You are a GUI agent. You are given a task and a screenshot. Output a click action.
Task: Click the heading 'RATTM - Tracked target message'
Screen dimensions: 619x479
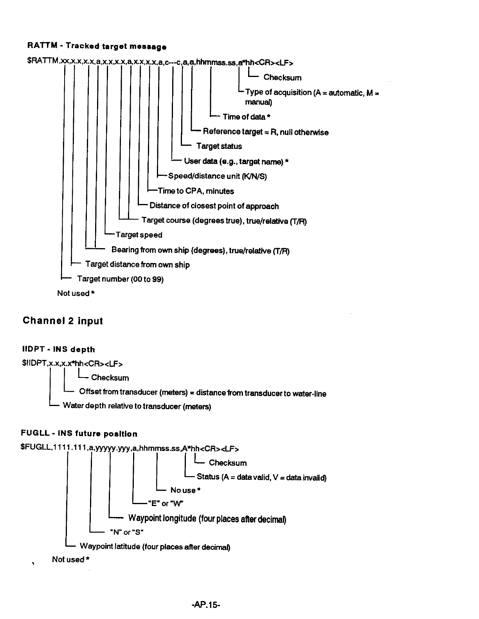[x=97, y=46]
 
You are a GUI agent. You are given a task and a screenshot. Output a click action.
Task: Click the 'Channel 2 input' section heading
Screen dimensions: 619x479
[x=63, y=321]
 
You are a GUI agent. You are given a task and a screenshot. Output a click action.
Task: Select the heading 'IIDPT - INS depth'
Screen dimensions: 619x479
[x=59, y=349]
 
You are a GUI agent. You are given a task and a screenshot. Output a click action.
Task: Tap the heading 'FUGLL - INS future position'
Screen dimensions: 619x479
[x=79, y=434]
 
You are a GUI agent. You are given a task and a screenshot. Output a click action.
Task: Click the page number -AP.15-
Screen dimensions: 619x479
[x=206, y=605]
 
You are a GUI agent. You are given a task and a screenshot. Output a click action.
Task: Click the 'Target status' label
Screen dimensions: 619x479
[x=219, y=146]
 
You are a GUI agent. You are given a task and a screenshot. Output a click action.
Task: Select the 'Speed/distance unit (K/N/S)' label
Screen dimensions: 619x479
[x=218, y=176]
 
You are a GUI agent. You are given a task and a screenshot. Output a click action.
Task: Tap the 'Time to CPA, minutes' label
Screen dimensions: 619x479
[x=196, y=191]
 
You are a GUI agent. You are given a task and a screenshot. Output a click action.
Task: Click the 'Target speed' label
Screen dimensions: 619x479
[x=139, y=235]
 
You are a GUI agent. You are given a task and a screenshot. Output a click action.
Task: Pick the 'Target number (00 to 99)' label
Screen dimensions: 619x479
[x=120, y=279]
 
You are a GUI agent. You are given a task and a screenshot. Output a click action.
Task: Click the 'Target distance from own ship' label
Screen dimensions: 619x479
[x=137, y=265]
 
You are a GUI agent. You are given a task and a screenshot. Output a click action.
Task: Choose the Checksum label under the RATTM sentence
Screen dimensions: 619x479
[x=283, y=77]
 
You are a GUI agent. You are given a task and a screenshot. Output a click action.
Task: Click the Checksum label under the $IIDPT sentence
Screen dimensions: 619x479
[x=110, y=378]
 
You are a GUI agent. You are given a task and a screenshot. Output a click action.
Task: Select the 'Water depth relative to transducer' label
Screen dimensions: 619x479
[x=137, y=406]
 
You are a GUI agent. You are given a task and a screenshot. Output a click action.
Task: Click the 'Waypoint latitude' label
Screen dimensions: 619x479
[x=155, y=546]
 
